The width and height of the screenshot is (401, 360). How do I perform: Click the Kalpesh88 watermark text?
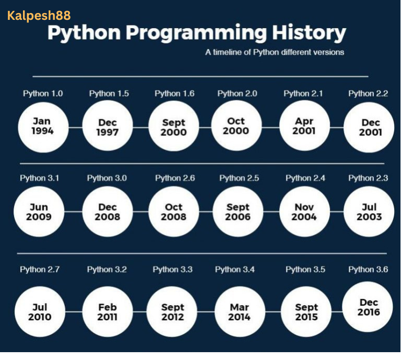[x=39, y=15]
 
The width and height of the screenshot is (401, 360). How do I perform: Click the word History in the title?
[x=308, y=33]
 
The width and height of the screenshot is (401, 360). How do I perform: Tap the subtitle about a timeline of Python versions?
[x=274, y=52]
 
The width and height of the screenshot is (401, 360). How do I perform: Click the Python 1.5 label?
[x=109, y=94]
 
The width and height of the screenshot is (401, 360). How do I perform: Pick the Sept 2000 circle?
[x=174, y=127]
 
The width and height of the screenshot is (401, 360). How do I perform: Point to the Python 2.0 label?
[x=237, y=94]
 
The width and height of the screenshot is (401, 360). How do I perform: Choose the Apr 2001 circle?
[x=304, y=126]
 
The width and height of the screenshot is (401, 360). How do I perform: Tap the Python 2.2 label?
[x=368, y=94]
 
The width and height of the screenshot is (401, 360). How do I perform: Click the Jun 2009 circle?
[x=39, y=212]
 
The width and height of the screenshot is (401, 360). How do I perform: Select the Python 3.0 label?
[x=107, y=178]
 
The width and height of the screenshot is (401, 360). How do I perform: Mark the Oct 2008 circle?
[x=174, y=212]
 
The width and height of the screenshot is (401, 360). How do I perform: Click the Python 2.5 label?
[x=239, y=178]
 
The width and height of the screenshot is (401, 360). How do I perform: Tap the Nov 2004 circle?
[x=304, y=212]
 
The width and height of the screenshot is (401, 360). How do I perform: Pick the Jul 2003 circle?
[x=369, y=212]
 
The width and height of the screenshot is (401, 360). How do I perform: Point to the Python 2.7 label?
[x=40, y=270]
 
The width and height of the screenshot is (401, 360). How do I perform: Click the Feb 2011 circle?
[x=107, y=312]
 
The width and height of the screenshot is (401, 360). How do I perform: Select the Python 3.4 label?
[x=235, y=270]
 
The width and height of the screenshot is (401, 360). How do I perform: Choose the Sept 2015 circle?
[x=306, y=312]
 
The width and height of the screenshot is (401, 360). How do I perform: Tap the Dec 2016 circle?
[x=369, y=307]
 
